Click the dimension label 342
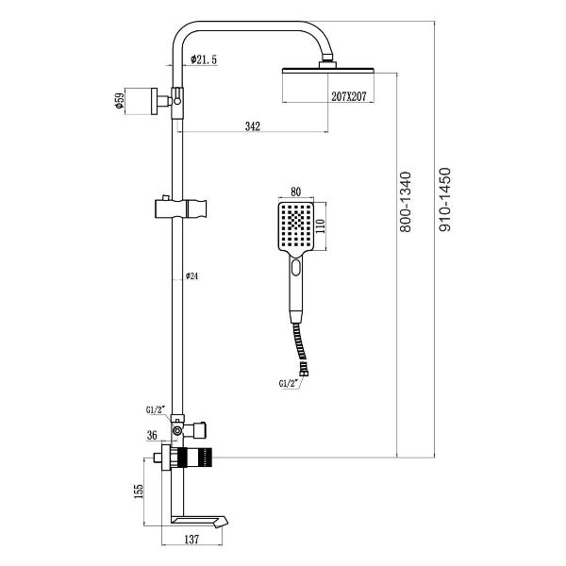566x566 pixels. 252,125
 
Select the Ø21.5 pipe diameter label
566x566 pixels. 204,59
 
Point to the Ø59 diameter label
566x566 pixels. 120,100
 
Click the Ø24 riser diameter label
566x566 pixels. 191,275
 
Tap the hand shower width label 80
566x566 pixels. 295,191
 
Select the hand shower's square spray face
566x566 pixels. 298,226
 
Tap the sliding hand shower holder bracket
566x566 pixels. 178,206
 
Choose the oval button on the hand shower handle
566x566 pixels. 298,268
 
